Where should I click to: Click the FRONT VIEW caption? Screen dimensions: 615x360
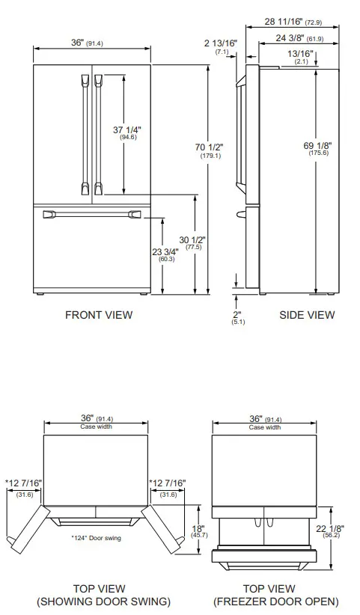99,315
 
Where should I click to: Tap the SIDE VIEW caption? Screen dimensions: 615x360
307,315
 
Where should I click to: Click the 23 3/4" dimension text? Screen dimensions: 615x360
166,252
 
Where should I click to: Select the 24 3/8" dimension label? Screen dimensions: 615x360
298,38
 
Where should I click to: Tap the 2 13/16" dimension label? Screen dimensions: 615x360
222,44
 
